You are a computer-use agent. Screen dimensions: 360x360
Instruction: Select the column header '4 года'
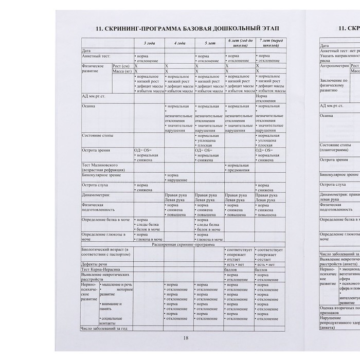click(179, 43)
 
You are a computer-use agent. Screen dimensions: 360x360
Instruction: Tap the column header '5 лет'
click(209, 43)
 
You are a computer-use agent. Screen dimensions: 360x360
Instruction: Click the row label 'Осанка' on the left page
click(89, 106)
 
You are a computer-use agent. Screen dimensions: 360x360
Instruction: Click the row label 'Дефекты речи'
click(96, 264)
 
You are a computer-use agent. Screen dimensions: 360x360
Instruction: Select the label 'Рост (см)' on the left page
click(121, 66)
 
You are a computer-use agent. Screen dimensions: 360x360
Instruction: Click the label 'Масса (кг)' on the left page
click(122, 71)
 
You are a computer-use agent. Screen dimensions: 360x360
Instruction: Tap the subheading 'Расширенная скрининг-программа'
click(184, 244)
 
